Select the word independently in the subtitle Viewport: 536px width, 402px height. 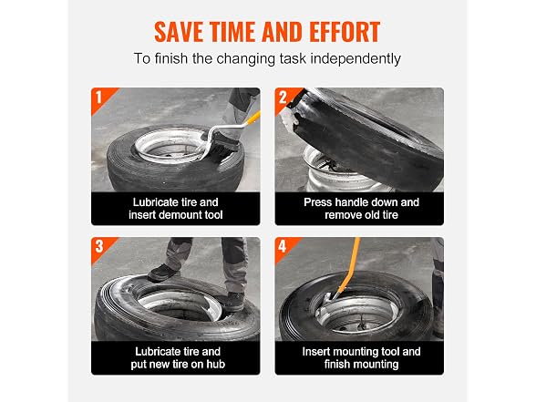pos(356,58)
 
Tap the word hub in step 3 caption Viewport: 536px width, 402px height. pos(215,364)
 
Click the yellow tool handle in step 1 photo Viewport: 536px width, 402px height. pos(251,119)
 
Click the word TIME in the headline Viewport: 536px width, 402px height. pos(233,32)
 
